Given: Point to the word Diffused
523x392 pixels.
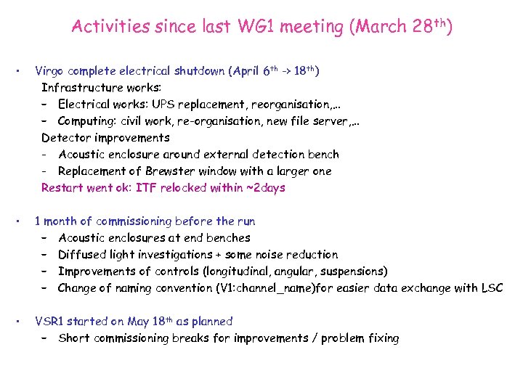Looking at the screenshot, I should (x=82, y=255).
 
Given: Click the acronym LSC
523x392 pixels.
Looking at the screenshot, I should (x=492, y=288).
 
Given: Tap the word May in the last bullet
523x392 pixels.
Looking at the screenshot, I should (x=139, y=322).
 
